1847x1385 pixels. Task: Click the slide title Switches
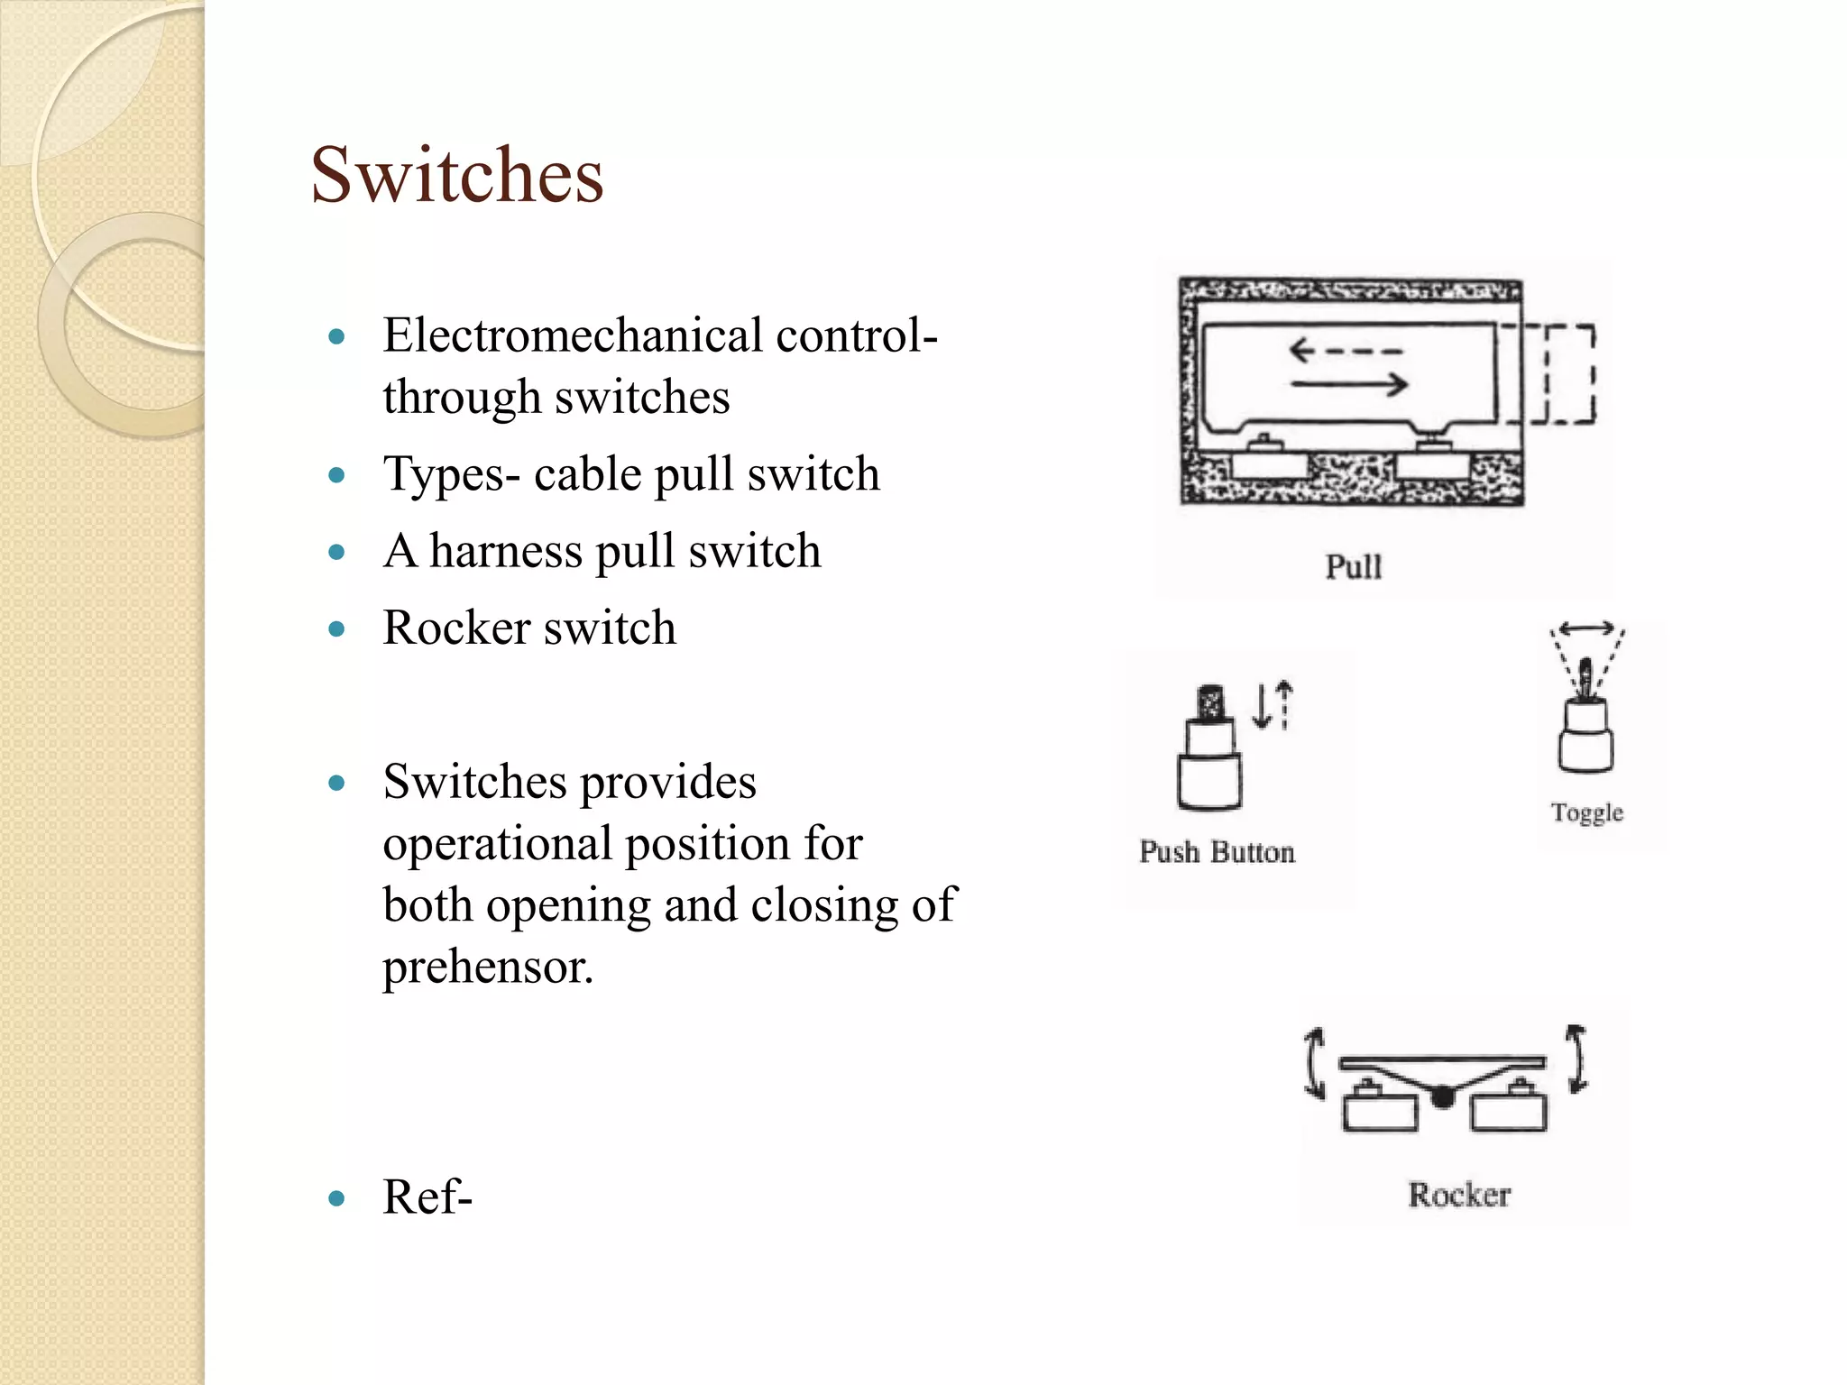(456, 175)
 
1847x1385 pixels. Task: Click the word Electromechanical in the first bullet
(574, 335)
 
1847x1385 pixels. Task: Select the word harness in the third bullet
(505, 551)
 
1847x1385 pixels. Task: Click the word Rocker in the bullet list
(456, 628)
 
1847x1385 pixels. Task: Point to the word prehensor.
(487, 968)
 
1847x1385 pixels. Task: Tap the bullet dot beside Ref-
(337, 1198)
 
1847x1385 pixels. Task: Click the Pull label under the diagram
(1353, 567)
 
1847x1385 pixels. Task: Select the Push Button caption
(1217, 852)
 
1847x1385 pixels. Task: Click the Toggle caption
(1586, 812)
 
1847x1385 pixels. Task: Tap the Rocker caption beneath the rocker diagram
(1458, 1195)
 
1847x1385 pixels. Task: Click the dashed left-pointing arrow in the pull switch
(1345, 350)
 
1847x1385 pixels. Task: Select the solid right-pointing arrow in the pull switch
(1348, 385)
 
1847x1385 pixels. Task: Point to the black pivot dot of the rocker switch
(1443, 1096)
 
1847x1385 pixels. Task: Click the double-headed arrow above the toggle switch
(1586, 628)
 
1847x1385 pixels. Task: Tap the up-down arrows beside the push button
(1273, 704)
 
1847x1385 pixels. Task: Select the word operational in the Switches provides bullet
(496, 845)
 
